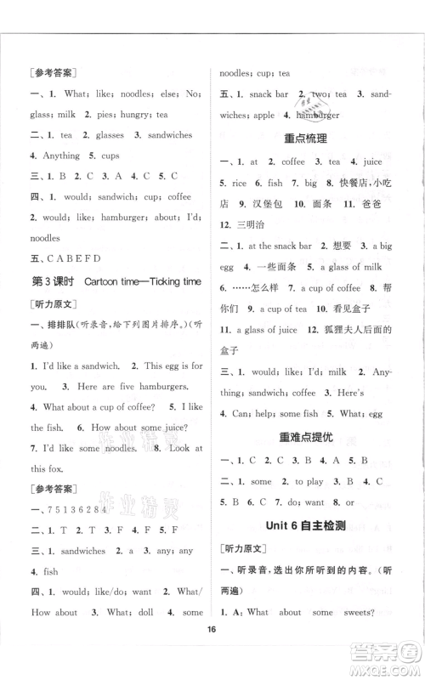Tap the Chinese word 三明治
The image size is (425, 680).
[x=256, y=226]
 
